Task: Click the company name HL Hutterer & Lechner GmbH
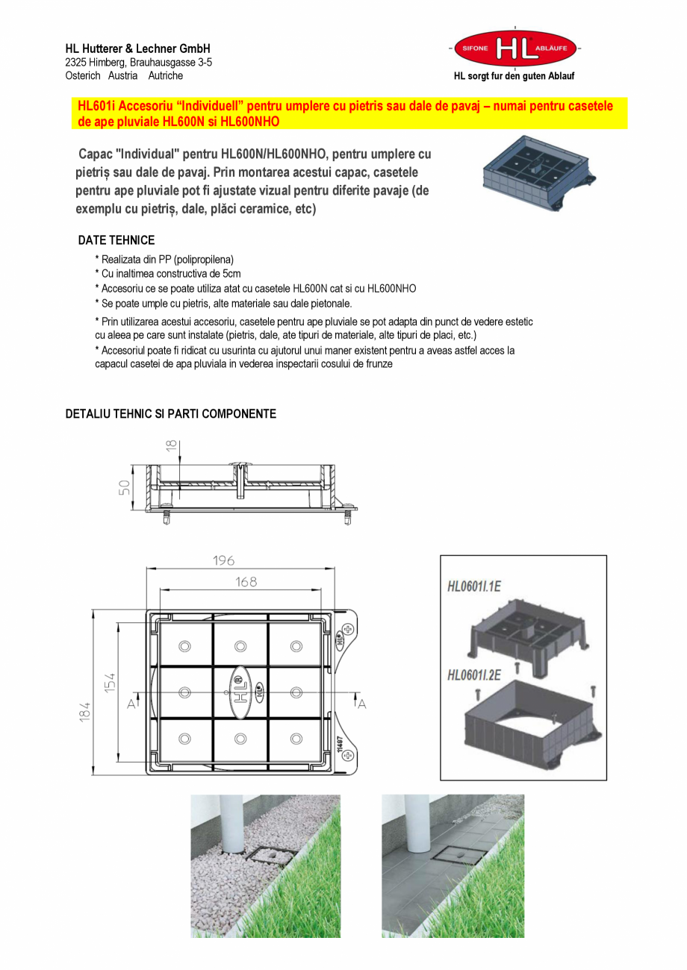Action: click(x=137, y=48)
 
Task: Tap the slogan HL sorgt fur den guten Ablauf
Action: click(x=514, y=76)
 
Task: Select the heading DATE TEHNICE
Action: click(x=116, y=240)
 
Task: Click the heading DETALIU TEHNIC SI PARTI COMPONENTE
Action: click(x=170, y=414)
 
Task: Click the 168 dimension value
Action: click(x=246, y=582)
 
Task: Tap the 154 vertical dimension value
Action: click(x=110, y=682)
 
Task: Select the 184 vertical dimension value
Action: click(x=86, y=711)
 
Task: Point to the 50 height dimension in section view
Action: click(x=125, y=487)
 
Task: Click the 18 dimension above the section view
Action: click(x=172, y=445)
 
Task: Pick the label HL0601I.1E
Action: click(x=473, y=586)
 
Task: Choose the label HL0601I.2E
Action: click(x=473, y=675)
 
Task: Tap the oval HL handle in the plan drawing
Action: click(x=240, y=692)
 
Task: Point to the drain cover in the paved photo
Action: click(x=456, y=863)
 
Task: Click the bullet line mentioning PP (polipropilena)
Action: click(x=164, y=260)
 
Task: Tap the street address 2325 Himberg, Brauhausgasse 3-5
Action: click(x=138, y=63)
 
